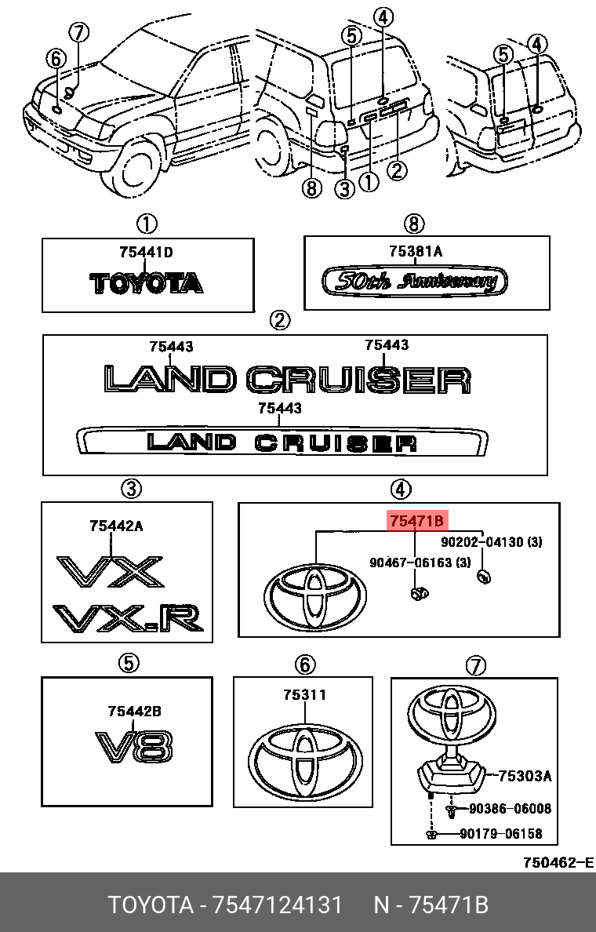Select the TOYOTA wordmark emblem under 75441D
(x=146, y=282)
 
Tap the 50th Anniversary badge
(x=416, y=281)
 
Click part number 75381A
(x=416, y=251)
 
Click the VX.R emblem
(x=128, y=618)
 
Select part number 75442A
(x=116, y=526)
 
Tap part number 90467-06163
(x=420, y=562)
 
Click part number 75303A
(x=525, y=776)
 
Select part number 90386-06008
(x=510, y=809)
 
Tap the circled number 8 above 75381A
(x=413, y=224)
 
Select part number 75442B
(x=134, y=711)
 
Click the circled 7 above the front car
(x=79, y=33)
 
